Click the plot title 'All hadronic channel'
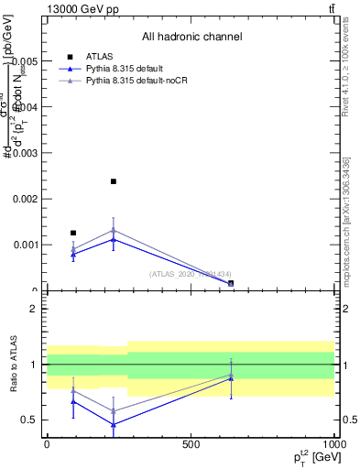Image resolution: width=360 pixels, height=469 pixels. (x=191, y=37)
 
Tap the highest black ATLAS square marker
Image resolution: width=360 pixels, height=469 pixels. (x=113, y=181)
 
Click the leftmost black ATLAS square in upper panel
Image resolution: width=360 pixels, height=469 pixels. (x=73, y=233)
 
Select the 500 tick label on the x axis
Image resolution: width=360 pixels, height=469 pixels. (x=191, y=443)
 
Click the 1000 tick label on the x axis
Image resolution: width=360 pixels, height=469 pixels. (x=333, y=443)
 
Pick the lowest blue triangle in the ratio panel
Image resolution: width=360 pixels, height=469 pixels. (x=113, y=424)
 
